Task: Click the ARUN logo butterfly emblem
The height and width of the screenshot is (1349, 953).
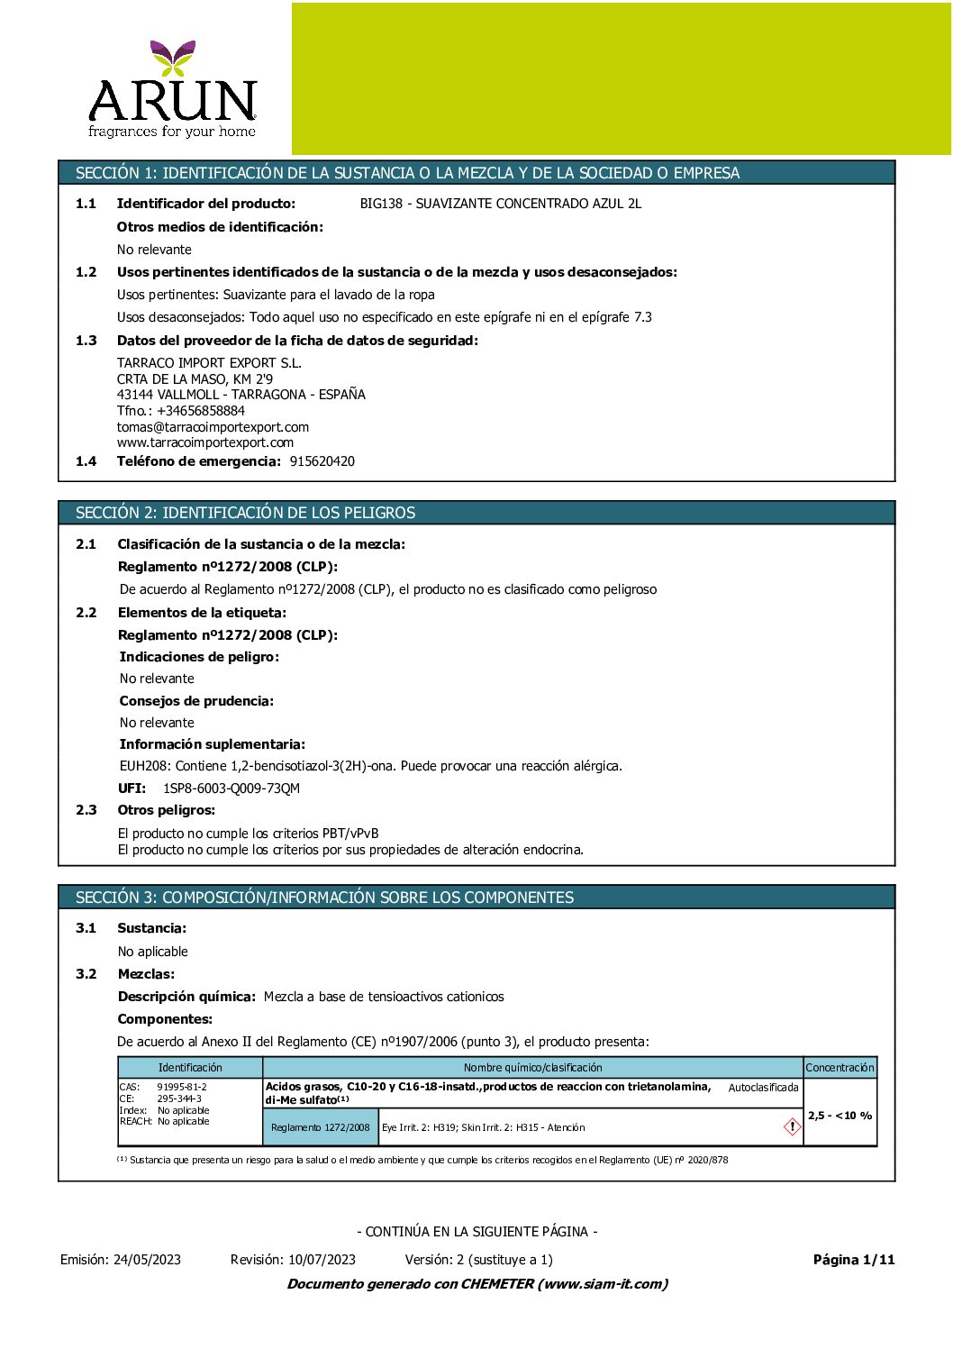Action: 173,57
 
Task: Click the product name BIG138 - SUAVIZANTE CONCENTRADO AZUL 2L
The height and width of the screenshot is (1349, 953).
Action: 500,204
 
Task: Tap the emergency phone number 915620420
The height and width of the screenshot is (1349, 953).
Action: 322,461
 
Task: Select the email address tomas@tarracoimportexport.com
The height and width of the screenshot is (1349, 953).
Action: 213,427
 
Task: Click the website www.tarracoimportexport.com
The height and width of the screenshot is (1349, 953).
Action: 204,442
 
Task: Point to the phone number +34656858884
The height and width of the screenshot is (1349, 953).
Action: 200,411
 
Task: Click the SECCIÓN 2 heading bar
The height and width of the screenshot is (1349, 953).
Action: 476,513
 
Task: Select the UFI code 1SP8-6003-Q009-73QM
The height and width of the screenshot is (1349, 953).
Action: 231,788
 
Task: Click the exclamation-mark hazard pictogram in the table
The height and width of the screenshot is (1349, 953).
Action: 792,1126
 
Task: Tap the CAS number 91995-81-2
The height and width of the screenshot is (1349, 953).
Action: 181,1087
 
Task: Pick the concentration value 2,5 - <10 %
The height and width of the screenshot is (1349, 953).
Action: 840,1116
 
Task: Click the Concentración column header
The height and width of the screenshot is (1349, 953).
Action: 840,1068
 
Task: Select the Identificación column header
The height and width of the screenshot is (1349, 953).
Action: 190,1068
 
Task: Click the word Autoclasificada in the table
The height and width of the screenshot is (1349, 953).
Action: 763,1088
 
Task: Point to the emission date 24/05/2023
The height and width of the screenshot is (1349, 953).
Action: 147,1260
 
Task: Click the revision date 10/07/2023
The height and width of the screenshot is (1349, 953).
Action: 322,1260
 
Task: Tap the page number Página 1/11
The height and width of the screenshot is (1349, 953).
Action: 853,1260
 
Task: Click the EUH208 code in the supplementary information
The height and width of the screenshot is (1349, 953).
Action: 145,766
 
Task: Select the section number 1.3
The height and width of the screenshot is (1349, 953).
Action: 86,341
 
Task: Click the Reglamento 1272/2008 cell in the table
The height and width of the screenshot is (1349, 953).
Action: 320,1127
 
